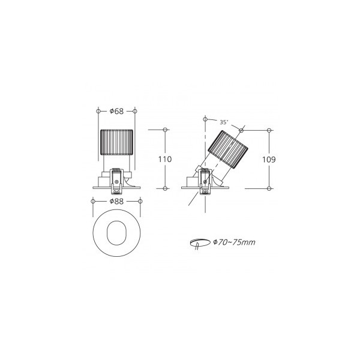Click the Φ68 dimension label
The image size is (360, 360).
116,112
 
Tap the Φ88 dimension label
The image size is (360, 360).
116,202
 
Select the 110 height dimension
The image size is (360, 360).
165,159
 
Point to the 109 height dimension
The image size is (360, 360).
269,160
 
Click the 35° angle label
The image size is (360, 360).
224,122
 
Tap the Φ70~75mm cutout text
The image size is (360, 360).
234,242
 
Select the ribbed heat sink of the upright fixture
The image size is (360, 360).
116,142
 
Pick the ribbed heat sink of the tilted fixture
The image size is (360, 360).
228,149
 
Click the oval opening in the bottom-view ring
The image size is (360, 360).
116,233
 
